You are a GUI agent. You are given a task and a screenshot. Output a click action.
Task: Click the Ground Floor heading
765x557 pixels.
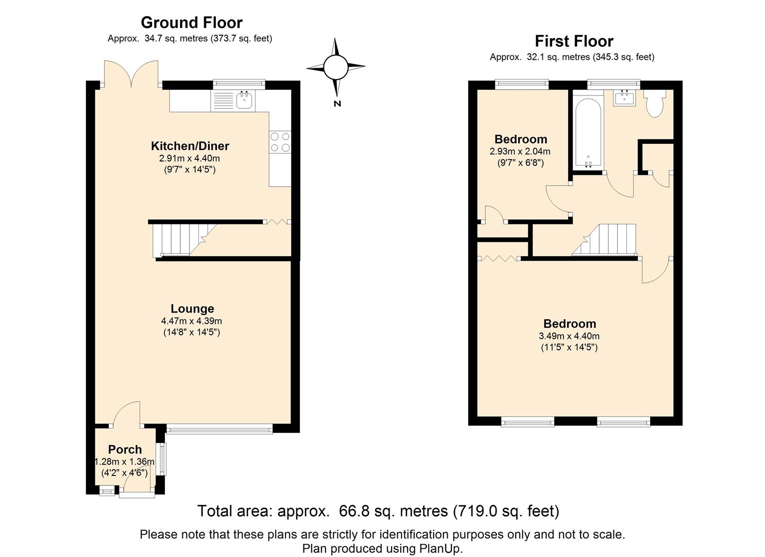[x=192, y=23]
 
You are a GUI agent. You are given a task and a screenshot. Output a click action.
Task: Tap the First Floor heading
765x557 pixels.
[x=574, y=41]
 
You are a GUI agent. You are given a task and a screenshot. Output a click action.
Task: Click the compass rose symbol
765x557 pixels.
[x=336, y=68]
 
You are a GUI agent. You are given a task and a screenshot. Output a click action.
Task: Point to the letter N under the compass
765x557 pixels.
[x=337, y=103]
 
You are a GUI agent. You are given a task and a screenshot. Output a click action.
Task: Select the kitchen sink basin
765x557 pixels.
[x=244, y=101]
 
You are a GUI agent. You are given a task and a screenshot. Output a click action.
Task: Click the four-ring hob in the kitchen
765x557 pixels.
[x=280, y=142]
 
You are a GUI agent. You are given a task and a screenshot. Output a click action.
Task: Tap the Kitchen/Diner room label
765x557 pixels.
[x=190, y=146]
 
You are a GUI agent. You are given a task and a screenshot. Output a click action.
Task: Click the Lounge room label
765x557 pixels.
[x=192, y=308]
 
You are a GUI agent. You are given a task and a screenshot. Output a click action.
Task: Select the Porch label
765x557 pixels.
[x=125, y=449]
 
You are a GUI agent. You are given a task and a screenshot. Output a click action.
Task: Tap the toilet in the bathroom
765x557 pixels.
[x=654, y=104]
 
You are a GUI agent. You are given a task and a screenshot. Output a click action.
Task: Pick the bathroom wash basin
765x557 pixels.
[x=624, y=98]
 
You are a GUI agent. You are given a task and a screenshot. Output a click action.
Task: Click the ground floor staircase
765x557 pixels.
[x=184, y=239]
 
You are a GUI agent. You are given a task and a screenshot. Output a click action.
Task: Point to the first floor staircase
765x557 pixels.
[x=604, y=239]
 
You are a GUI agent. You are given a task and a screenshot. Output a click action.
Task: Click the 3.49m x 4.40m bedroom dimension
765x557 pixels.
[x=569, y=336]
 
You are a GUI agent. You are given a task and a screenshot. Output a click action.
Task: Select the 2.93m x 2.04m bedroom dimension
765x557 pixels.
[x=520, y=151]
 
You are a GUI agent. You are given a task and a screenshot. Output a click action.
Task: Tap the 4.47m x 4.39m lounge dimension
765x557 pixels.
[x=191, y=321]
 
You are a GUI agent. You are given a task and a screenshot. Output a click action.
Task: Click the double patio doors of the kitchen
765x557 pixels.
[x=131, y=74]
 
